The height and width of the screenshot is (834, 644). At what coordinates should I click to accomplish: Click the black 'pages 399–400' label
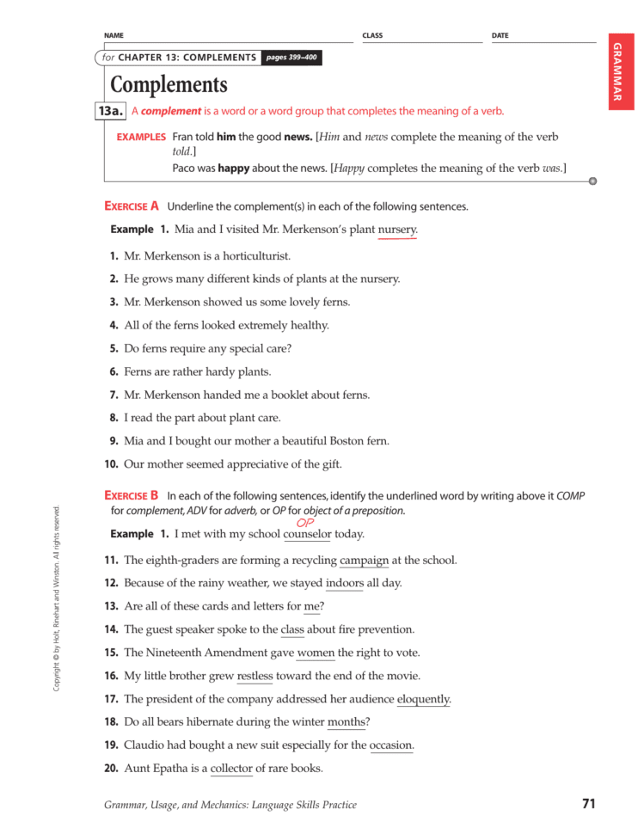(292, 58)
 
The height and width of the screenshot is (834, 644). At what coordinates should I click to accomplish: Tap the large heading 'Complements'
(169, 85)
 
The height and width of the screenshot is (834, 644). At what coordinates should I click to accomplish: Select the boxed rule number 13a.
(112, 111)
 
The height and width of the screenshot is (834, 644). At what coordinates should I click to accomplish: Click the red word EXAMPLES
(141, 138)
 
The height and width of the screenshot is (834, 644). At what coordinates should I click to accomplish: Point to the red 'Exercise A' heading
(132, 206)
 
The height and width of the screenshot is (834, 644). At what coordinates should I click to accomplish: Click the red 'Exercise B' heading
(132, 495)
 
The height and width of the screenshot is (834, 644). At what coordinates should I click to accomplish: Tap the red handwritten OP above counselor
(305, 522)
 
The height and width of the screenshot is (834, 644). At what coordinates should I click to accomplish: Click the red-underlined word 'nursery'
(397, 230)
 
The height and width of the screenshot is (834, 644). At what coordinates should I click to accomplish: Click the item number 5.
(113, 349)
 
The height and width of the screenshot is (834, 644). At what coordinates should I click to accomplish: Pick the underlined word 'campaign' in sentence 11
(364, 561)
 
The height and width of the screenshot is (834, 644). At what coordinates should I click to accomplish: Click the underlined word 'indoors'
(345, 584)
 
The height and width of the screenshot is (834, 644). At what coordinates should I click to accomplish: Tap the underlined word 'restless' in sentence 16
(255, 677)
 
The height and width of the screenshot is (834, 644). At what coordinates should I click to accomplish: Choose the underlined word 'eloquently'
(424, 700)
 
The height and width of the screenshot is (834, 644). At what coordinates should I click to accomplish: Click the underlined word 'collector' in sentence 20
(231, 769)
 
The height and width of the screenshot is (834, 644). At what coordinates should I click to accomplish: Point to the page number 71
(588, 805)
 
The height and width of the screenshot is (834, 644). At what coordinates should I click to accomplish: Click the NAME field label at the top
(113, 36)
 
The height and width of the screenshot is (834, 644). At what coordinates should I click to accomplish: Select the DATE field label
(500, 36)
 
